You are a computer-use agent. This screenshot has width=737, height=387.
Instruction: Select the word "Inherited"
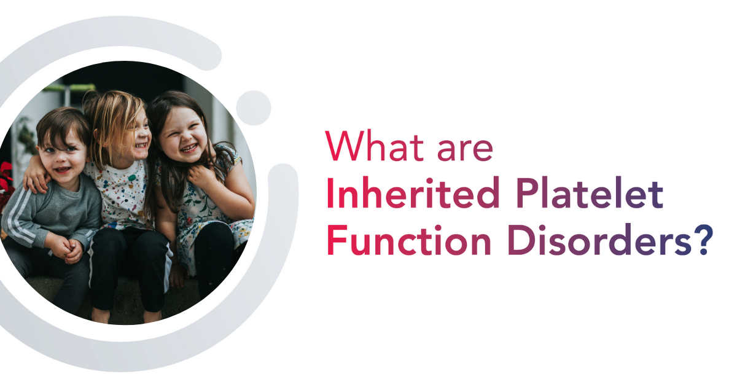(413, 192)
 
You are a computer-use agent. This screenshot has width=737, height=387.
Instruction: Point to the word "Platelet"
(590, 192)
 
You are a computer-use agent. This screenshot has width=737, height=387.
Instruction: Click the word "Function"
(409, 239)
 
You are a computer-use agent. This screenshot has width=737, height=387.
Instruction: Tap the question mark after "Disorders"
(705, 239)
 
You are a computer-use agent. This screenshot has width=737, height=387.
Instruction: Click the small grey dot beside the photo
(253, 108)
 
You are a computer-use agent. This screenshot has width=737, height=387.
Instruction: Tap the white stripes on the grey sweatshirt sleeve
(20, 217)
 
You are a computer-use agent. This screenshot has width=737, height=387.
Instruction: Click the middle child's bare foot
(100, 315)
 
